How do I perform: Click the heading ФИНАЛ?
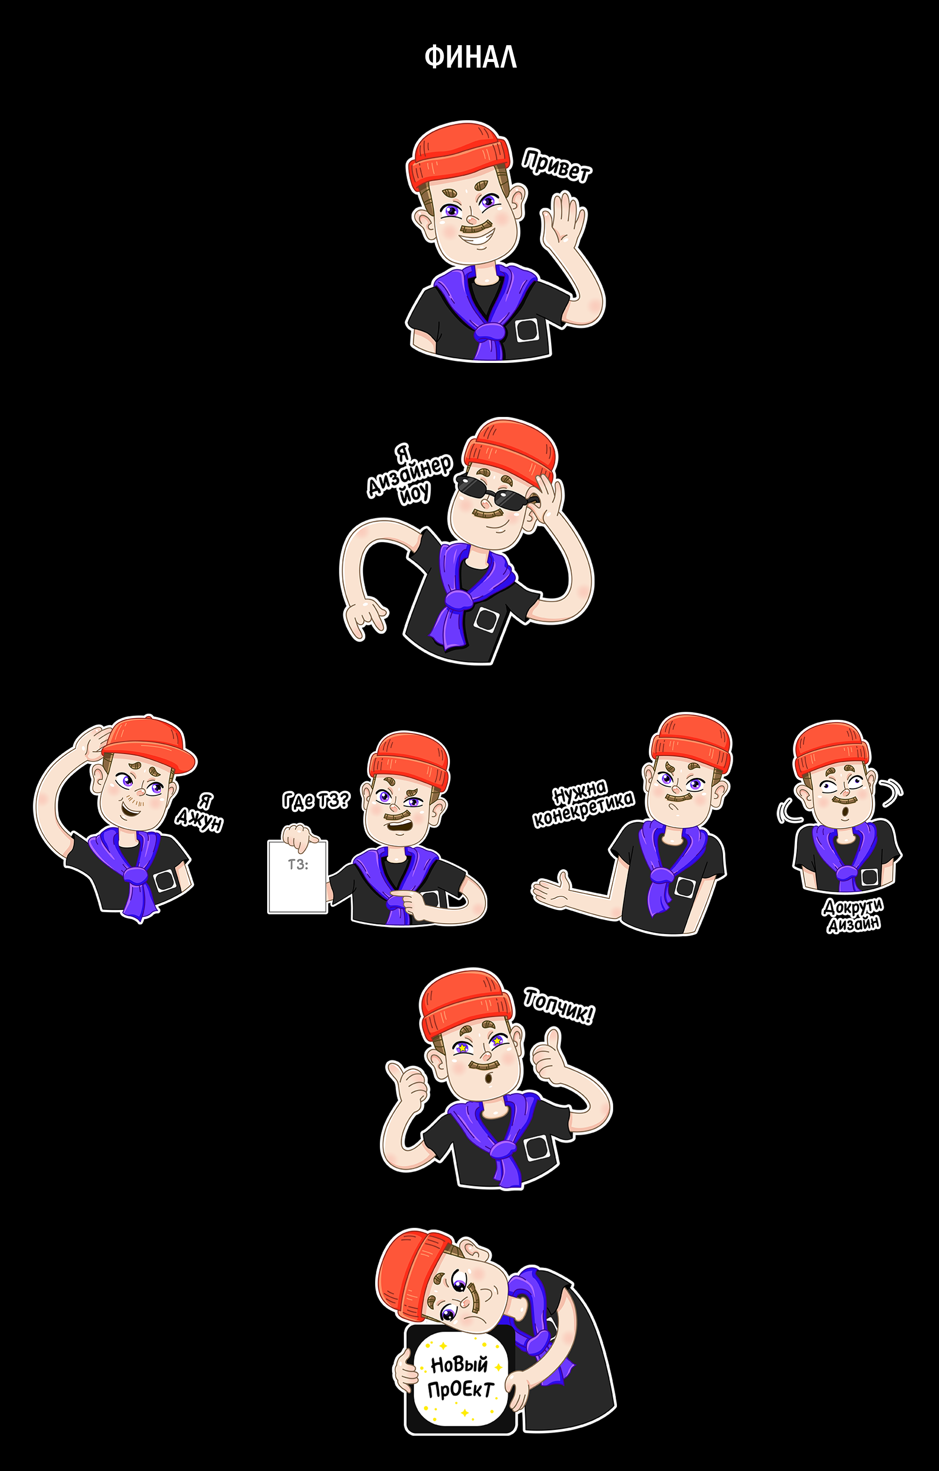470,57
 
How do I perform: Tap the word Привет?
556,166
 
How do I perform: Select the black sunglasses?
494,486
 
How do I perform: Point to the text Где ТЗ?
316,800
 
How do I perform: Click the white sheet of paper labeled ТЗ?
298,877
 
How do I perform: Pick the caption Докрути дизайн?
853,915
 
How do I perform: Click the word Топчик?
558,1006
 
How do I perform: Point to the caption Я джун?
200,812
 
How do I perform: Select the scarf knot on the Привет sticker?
490,331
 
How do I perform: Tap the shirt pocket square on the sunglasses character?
487,619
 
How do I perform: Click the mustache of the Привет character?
475,229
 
